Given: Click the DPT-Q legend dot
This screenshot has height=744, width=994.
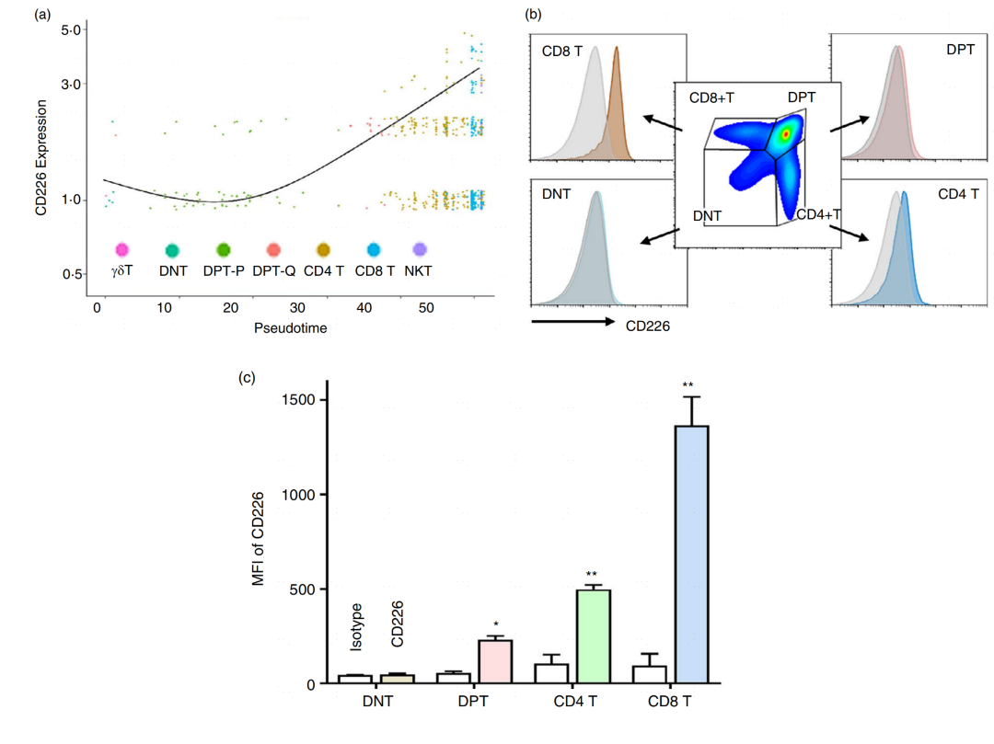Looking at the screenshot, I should point(272,249).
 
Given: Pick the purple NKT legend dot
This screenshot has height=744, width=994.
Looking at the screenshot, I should point(420,249).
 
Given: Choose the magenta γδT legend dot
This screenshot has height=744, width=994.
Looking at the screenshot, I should point(121,249).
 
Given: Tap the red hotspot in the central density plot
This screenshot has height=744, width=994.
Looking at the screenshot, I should point(785,134).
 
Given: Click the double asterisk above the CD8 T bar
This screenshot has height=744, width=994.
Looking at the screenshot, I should point(688,384).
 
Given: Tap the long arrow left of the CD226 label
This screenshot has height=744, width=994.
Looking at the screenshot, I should point(572,322).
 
